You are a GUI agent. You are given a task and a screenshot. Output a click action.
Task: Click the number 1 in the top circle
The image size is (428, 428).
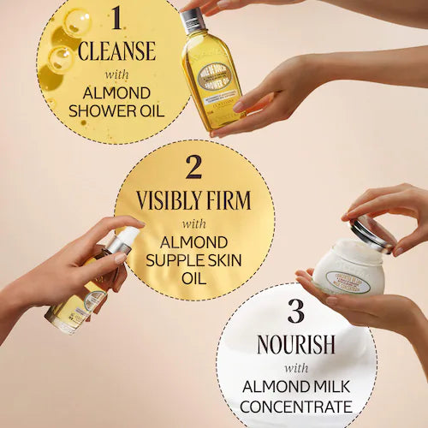[x=116, y=18]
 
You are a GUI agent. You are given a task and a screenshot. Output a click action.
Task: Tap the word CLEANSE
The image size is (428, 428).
[x=116, y=51]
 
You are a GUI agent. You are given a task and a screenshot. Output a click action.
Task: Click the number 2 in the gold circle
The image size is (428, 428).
[x=194, y=166]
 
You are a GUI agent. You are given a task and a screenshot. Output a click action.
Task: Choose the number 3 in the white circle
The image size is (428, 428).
[x=296, y=310]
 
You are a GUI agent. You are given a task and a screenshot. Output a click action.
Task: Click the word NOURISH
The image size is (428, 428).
[x=296, y=344]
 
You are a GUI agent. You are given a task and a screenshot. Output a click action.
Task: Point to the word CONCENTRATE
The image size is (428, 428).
[x=296, y=407]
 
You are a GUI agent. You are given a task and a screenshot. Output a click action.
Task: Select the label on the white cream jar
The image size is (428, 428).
[x=349, y=282]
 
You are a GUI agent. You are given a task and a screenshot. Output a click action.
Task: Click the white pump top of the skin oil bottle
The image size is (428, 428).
[x=126, y=239]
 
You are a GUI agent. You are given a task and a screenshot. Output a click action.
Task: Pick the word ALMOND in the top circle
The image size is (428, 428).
[x=116, y=92]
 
